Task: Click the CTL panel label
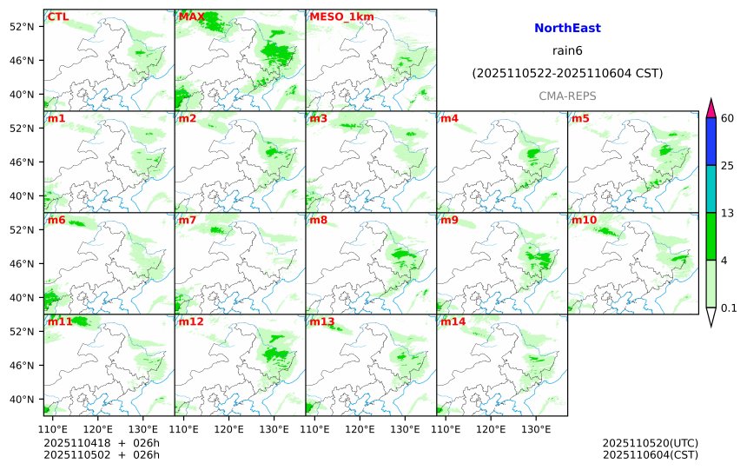pyautogui.click(x=58, y=17)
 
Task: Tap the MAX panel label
pyautogui.click(x=191, y=17)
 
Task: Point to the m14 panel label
pyautogui.click(x=453, y=321)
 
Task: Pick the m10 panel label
pyautogui.click(x=584, y=220)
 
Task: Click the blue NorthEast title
pyautogui.click(x=567, y=29)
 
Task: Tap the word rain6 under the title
pyautogui.click(x=567, y=51)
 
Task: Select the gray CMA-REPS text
pyautogui.click(x=567, y=96)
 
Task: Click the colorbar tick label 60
pyautogui.click(x=728, y=118)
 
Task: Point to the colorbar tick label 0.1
pyautogui.click(x=730, y=308)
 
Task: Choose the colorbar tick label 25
pyautogui.click(x=728, y=165)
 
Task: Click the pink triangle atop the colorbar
pyautogui.click(x=711, y=109)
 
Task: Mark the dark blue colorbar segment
pyautogui.click(x=711, y=142)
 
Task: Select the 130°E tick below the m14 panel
pyautogui.click(x=536, y=429)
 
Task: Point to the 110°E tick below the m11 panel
pyautogui.click(x=54, y=429)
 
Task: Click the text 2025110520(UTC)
pyautogui.click(x=650, y=443)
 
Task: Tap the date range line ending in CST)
pyautogui.click(x=567, y=74)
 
